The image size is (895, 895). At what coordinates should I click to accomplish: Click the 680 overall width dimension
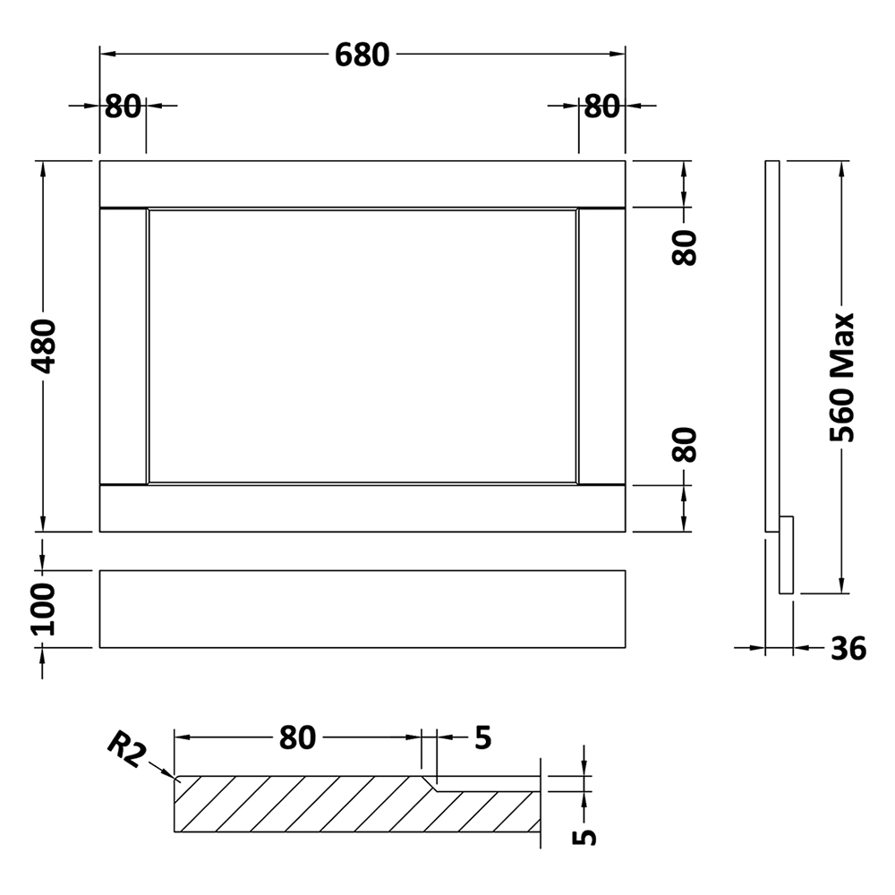tap(362, 55)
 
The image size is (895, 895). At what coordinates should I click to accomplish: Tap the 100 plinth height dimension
tap(43, 609)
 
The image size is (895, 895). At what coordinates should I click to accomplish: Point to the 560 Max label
tap(842, 378)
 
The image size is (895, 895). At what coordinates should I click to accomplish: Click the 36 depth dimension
tap(848, 648)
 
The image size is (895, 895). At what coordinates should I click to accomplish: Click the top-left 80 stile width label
tap(123, 107)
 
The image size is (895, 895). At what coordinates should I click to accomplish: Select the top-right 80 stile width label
tap(601, 107)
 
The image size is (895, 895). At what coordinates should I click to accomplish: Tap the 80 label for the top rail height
tap(685, 248)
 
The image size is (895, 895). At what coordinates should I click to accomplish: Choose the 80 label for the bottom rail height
tap(685, 445)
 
